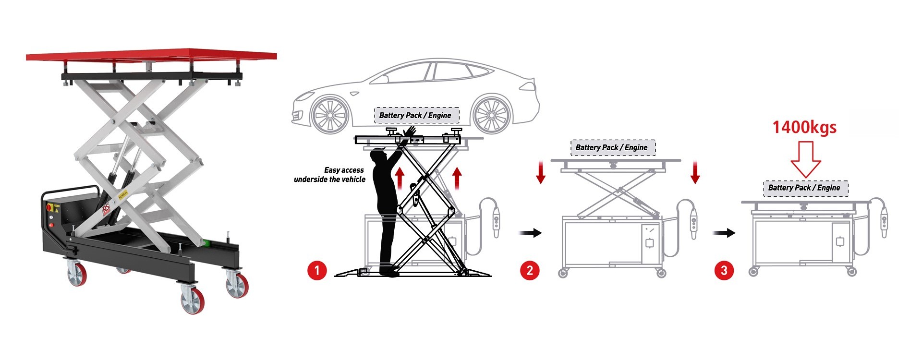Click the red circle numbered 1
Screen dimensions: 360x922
pyautogui.click(x=317, y=270)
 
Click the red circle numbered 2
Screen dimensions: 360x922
pyautogui.click(x=530, y=270)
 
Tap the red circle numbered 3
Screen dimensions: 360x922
pyautogui.click(x=724, y=270)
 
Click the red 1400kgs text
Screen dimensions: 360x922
pyautogui.click(x=804, y=128)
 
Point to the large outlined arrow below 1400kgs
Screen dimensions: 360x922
pyautogui.click(x=806, y=161)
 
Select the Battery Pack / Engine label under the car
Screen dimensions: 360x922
pyautogui.click(x=415, y=115)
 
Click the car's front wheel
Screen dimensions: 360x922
pyautogui.click(x=329, y=115)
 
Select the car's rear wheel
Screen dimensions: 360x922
pyautogui.click(x=491, y=115)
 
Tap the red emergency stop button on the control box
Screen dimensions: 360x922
pyautogui.click(x=49, y=207)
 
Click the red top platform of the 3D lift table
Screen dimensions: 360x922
pyautogui.click(x=151, y=55)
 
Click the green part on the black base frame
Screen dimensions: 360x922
pyautogui.click(x=207, y=243)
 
